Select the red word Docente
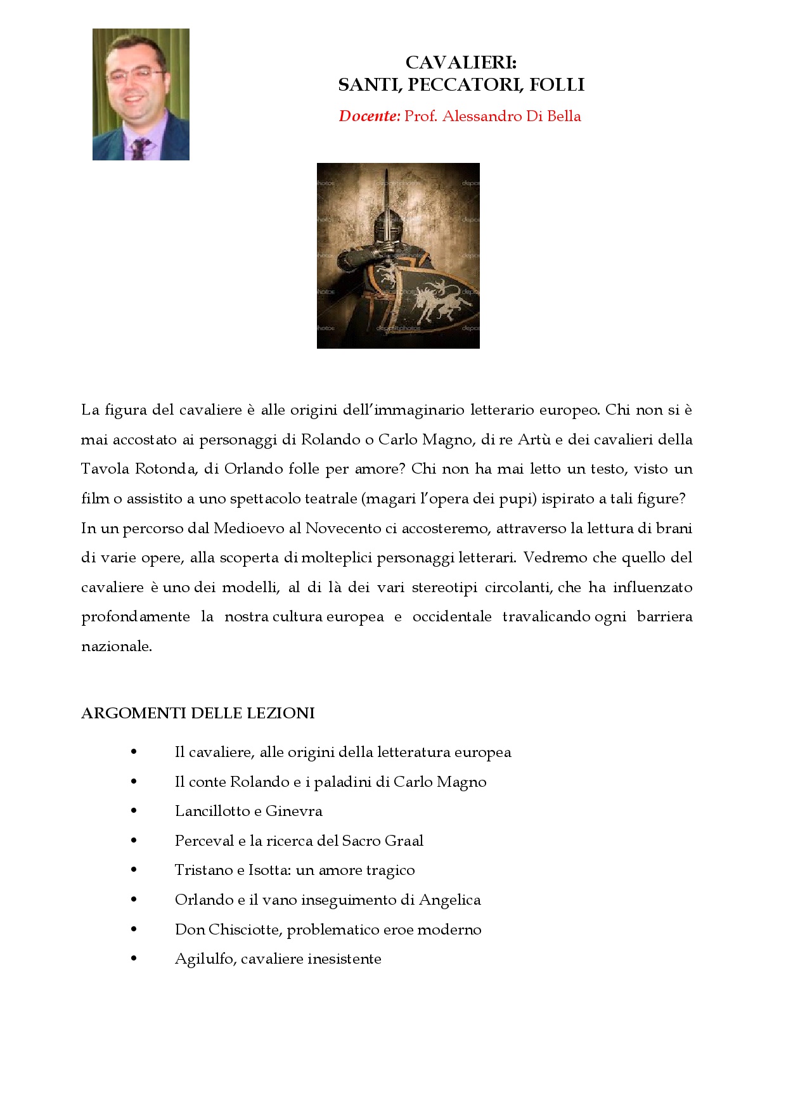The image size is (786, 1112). pos(368,116)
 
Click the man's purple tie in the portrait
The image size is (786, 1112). pos(138,148)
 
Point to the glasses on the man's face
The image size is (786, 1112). pos(134,75)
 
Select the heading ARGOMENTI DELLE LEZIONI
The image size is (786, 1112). pos(198,713)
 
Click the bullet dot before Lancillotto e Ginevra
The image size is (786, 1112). pos(134,811)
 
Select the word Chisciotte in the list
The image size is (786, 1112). pos(245,929)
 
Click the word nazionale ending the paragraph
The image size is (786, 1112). pos(116,647)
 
